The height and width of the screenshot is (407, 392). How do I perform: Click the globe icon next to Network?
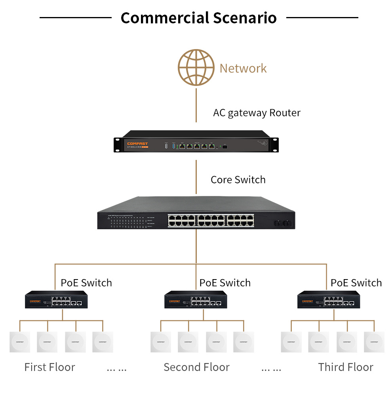click(196, 67)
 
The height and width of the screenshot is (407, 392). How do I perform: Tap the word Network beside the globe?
click(243, 68)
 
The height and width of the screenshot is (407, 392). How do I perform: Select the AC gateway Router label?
click(257, 113)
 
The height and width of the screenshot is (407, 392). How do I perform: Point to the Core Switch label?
click(238, 180)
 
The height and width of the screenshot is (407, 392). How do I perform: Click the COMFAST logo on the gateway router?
click(137, 143)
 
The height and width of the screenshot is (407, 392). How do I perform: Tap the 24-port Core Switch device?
click(196, 214)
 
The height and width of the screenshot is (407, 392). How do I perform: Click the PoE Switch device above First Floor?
click(56, 300)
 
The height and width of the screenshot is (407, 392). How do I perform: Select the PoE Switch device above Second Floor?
click(196, 300)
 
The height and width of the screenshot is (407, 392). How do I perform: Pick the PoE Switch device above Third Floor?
click(329, 300)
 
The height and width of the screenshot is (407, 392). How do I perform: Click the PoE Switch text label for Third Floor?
click(356, 283)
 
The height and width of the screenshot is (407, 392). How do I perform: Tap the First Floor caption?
click(49, 367)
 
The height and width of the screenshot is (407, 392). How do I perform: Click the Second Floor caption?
click(196, 367)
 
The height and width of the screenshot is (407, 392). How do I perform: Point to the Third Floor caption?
click(345, 367)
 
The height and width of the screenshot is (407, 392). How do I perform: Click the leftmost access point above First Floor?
click(20, 342)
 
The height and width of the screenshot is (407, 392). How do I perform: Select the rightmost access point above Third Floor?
click(374, 342)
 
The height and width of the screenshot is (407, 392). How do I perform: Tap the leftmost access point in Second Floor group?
click(161, 342)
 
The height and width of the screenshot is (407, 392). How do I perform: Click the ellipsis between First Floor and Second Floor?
click(116, 368)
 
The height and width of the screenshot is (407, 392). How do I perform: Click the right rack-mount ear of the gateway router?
click(274, 145)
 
